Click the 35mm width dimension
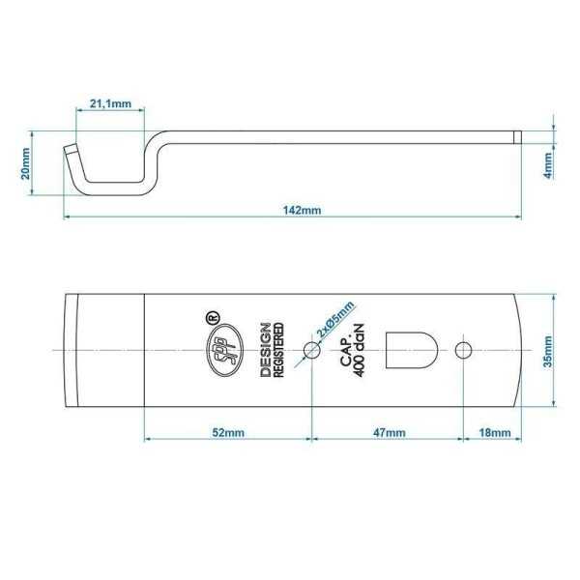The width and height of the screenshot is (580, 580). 547,350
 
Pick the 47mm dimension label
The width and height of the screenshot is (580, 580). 389,434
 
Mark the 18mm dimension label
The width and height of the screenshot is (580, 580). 494,434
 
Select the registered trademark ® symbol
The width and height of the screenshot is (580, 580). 213,315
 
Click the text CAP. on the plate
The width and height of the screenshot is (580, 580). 344,349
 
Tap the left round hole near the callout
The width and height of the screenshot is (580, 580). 311,348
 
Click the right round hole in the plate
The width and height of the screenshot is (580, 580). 465,348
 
